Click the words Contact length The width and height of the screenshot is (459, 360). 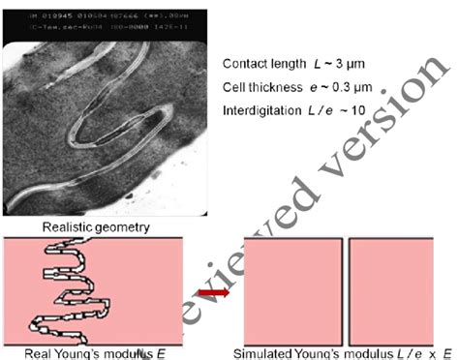[256, 64]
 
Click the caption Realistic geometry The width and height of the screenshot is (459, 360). [94, 226]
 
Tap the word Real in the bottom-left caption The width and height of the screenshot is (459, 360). [37, 351]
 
